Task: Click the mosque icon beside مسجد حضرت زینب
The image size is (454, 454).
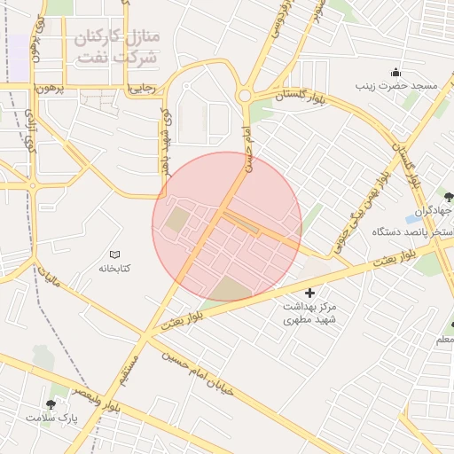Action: click(395, 72)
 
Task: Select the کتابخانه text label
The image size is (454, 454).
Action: click(113, 267)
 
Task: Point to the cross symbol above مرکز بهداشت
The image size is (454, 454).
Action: click(309, 293)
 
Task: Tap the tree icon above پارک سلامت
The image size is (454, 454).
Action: click(51, 403)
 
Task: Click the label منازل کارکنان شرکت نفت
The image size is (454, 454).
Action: click(115, 48)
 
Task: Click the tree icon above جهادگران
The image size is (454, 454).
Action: click(449, 196)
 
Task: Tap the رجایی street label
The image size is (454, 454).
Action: click(143, 88)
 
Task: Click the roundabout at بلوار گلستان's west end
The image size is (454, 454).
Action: click(244, 95)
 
